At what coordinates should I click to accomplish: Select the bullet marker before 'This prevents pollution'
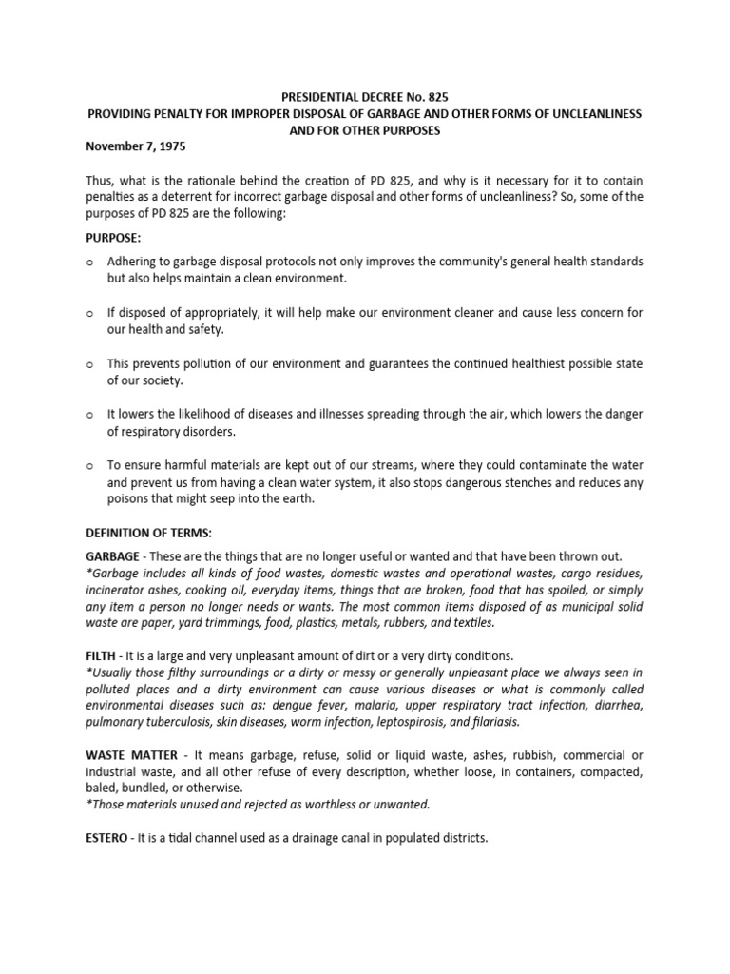click(89, 363)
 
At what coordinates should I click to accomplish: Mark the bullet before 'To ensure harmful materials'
click(89, 465)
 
